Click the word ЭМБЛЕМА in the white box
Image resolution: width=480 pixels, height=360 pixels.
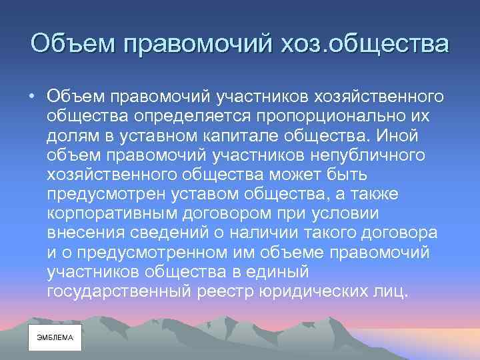pyautogui.click(x=55, y=337)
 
